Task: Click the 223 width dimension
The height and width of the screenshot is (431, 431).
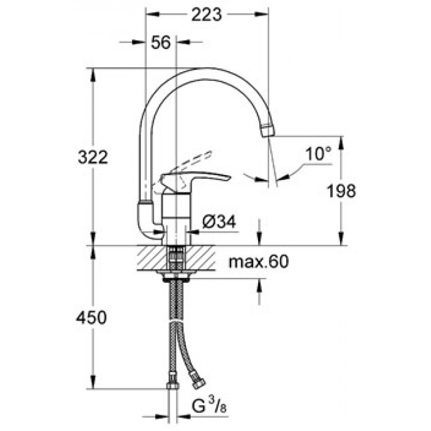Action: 206,15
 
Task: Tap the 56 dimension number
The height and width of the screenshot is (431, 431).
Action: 161,43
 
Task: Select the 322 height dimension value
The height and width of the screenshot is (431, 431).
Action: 93,157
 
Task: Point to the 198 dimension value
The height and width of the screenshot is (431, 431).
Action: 341,191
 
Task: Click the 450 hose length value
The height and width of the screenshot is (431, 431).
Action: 91,317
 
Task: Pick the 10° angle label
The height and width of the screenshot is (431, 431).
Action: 318,154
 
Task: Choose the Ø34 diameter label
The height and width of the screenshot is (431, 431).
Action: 219,221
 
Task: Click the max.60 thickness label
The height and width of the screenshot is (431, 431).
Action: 259,261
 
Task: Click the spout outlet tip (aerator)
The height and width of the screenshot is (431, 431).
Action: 268,131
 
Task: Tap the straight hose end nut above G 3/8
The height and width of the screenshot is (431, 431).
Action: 173,386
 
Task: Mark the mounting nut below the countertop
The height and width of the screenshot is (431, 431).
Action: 176,277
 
